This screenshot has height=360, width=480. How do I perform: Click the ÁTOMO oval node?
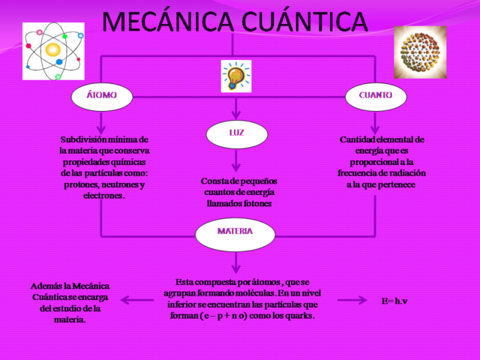pyautogui.click(x=102, y=96)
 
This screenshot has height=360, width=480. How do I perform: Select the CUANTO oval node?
pyautogui.click(x=375, y=96)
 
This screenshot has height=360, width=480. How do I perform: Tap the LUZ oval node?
pyautogui.click(x=236, y=133)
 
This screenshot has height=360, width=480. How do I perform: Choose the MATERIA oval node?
pyautogui.click(x=235, y=232)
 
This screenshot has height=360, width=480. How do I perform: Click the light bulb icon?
pyautogui.click(x=235, y=76)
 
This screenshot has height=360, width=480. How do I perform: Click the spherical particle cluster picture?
pyautogui.click(x=420, y=52)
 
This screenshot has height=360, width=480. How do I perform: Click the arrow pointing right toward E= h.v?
pyautogui.click(x=352, y=301)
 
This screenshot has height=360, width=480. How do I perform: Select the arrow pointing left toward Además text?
pyautogui.click(x=137, y=301)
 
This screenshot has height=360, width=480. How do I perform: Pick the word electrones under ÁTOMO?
pyautogui.click(x=105, y=196)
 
